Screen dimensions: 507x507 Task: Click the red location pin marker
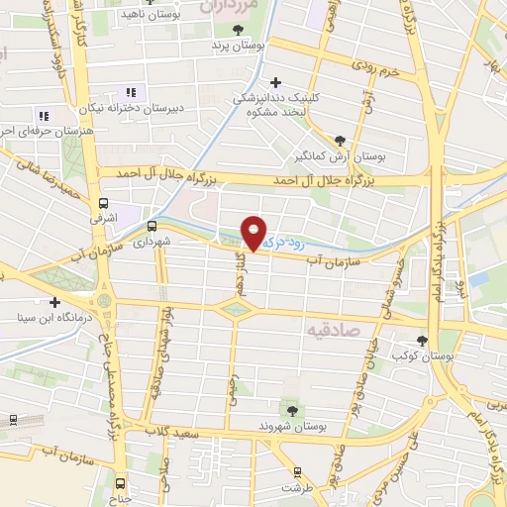(x=254, y=234)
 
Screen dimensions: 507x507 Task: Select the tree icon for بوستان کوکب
(x=423, y=341)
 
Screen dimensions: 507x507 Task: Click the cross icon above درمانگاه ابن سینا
(x=55, y=302)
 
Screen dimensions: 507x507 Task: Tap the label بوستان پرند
(x=230, y=46)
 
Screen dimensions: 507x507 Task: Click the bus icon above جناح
(x=120, y=483)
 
